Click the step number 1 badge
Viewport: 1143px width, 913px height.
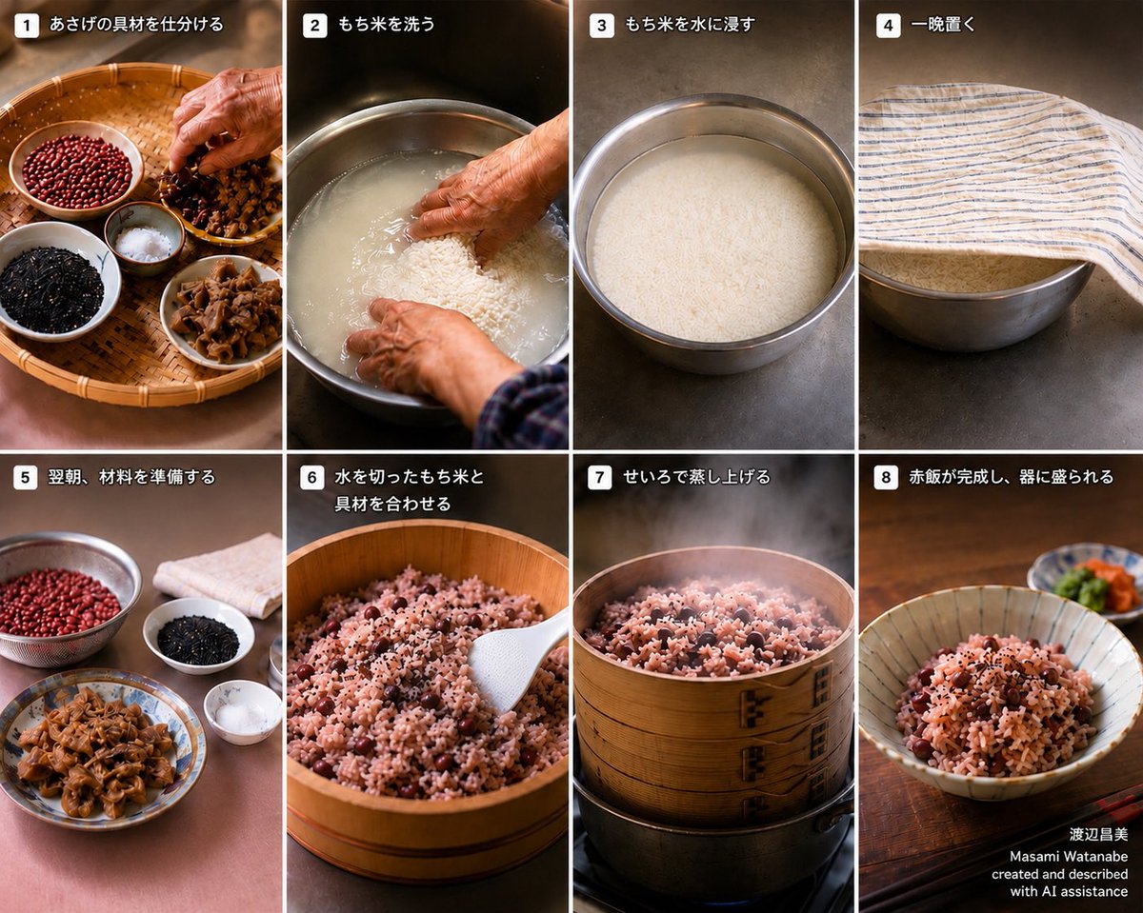26,26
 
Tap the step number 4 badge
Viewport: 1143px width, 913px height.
888,26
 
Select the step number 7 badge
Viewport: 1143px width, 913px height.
600,478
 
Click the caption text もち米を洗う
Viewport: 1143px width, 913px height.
386,25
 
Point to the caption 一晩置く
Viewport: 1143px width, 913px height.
943,25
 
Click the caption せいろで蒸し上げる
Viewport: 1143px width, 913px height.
696,477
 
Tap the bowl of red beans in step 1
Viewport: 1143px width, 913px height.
76,169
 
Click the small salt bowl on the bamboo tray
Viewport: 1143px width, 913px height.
144,239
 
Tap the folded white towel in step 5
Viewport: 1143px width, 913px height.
220,575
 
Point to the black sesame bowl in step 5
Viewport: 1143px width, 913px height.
199,635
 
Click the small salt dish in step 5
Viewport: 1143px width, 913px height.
242,712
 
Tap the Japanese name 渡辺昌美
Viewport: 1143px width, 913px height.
1098,835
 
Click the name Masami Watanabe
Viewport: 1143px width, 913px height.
1068,857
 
